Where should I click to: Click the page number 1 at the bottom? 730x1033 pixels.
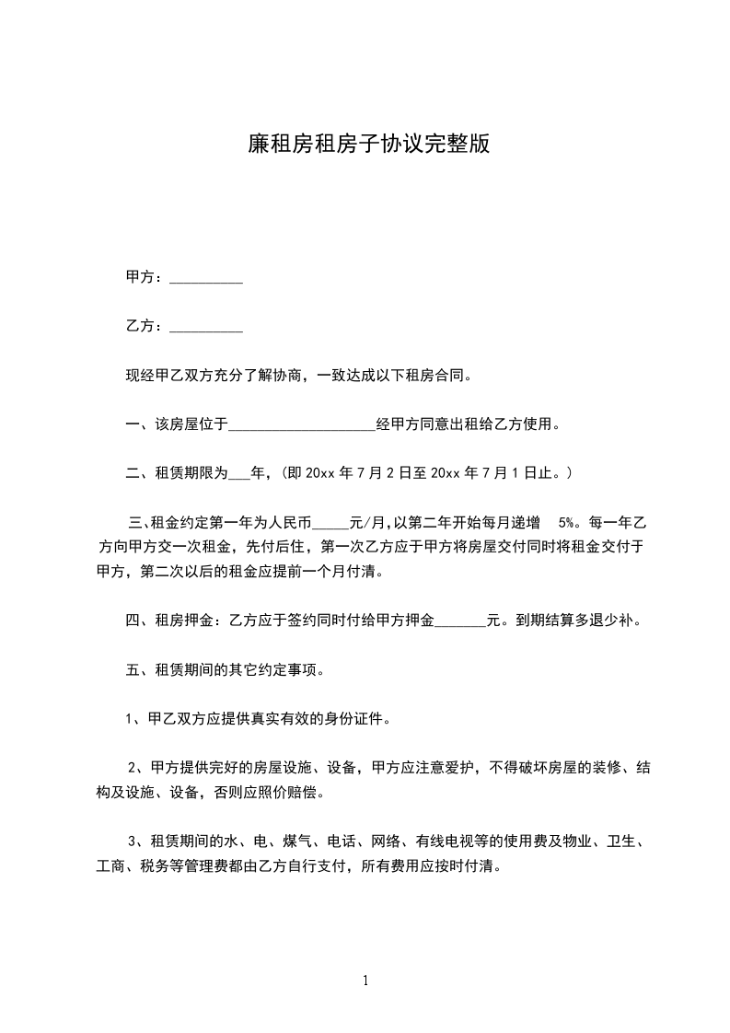pos(365,981)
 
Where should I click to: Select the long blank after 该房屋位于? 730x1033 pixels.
pos(302,424)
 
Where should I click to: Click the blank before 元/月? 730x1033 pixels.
pos(331,523)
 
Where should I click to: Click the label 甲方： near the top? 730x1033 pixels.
pos(145,277)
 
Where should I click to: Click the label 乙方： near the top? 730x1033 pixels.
pos(145,327)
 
